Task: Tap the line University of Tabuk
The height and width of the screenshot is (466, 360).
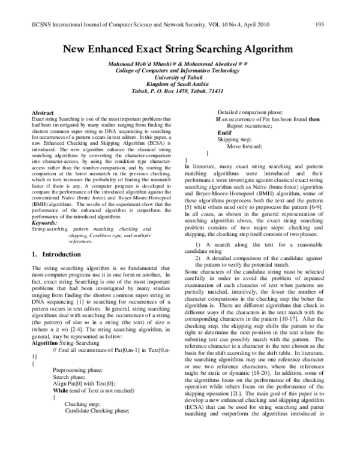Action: pos(180,77)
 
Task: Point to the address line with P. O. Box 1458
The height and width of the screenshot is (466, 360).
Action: pos(180,91)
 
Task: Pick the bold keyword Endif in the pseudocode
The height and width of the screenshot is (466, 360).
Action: pos(224,132)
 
